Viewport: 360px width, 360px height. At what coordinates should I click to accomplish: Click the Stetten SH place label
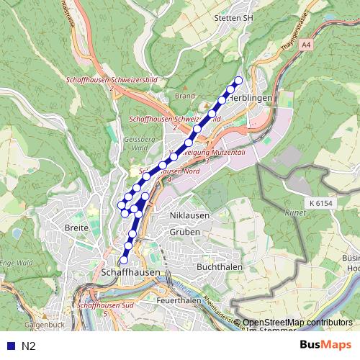click(234, 17)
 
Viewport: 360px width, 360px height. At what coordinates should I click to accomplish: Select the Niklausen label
click(188, 216)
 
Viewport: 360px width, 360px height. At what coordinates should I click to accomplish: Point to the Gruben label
click(185, 232)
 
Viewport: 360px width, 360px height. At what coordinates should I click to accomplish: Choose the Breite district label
click(76, 228)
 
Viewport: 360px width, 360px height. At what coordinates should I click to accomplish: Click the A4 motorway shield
click(307, 45)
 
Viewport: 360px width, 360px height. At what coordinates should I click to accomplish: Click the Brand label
click(185, 95)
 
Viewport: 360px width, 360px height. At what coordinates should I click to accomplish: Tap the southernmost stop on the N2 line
click(124, 260)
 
